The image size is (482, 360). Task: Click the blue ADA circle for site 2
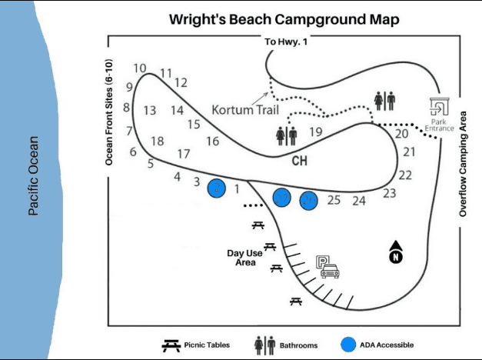click(x=218, y=188)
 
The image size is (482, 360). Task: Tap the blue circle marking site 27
click(x=283, y=198)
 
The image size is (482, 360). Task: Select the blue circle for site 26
click(x=309, y=201)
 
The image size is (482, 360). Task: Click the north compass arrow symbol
click(x=396, y=252)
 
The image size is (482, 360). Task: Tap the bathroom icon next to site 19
click(x=286, y=135)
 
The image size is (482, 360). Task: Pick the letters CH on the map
click(x=300, y=162)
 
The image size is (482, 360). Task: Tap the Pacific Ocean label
click(x=33, y=176)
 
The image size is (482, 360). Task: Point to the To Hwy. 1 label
click(x=285, y=42)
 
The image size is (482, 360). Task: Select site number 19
click(x=315, y=132)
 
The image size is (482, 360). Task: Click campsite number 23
click(x=390, y=192)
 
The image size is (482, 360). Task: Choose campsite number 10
click(x=140, y=68)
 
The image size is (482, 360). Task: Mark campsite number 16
click(x=212, y=141)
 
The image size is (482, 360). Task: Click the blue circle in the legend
click(x=350, y=345)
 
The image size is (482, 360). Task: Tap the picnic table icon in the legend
click(x=171, y=345)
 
